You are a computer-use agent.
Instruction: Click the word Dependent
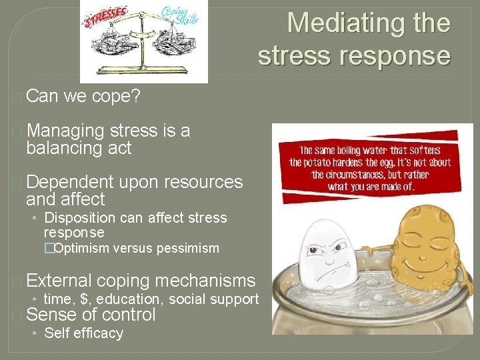(70, 181)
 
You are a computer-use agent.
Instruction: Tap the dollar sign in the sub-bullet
(85, 299)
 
